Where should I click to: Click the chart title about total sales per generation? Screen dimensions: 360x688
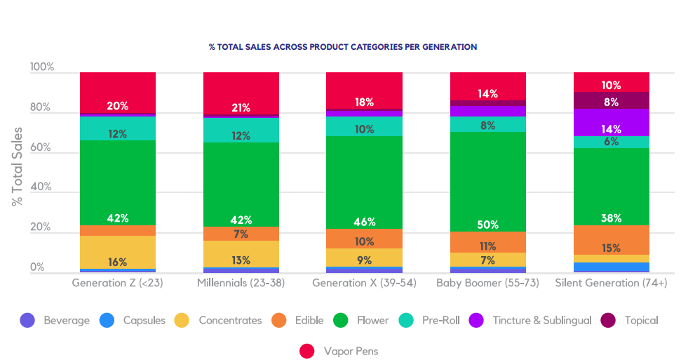[x=343, y=47]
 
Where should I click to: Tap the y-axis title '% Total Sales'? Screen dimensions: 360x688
[x=17, y=166]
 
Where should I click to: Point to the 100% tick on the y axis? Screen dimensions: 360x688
[x=42, y=67]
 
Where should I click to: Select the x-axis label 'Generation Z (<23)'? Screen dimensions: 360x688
[x=117, y=283]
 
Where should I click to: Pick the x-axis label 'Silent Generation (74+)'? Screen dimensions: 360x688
[x=611, y=283]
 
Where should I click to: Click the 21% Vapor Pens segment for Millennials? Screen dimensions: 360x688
[x=241, y=93]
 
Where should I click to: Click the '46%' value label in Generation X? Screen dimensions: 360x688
[x=365, y=222]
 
